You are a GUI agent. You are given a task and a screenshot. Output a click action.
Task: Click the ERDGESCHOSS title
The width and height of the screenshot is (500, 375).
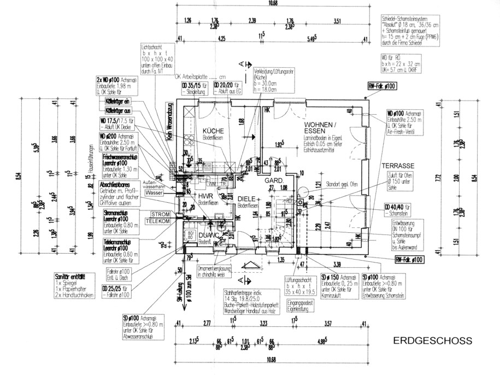point(432,341)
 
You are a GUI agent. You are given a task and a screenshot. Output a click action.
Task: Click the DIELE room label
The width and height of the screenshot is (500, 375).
point(247,199)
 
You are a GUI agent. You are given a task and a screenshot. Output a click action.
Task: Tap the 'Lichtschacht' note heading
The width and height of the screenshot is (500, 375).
point(151,47)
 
